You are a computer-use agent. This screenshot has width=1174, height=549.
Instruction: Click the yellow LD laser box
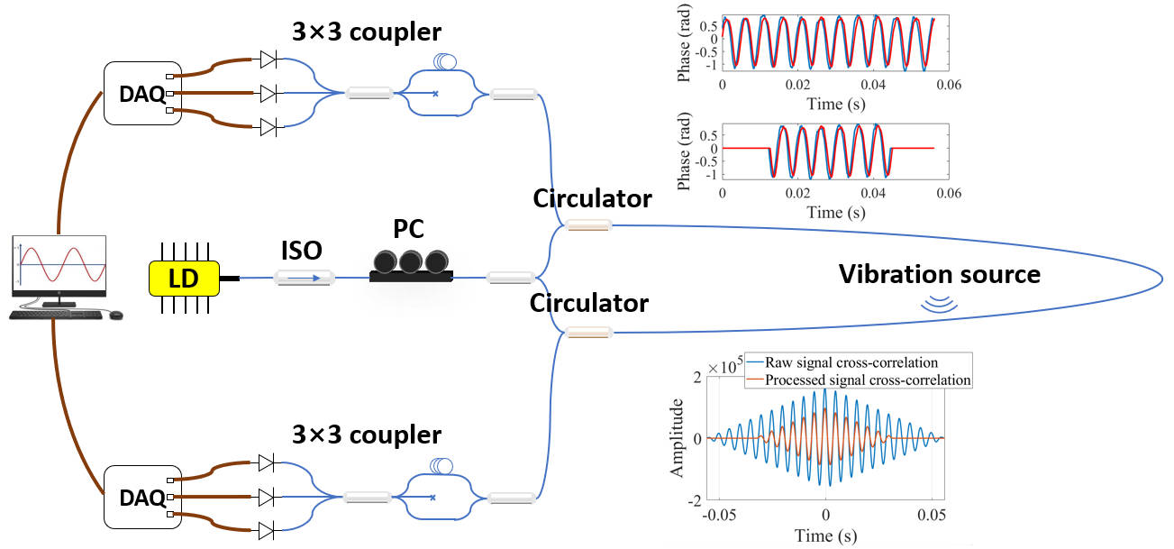click(184, 279)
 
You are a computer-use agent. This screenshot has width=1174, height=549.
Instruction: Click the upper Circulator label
click(591, 198)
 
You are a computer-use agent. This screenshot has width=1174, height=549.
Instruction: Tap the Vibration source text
click(940, 273)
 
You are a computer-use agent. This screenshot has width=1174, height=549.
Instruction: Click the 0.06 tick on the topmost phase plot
click(951, 84)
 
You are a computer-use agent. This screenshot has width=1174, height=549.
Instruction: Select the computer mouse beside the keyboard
click(115, 314)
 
